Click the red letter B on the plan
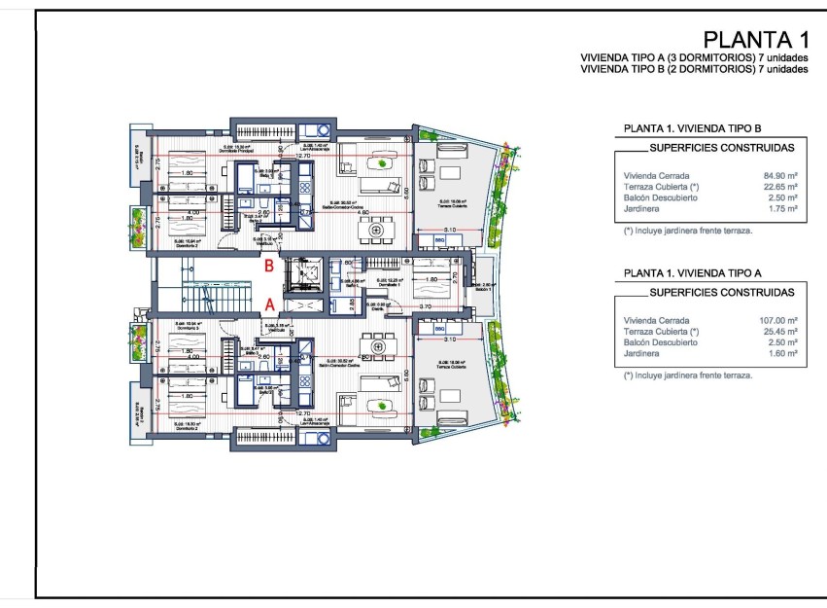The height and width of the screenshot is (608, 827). pos(269,264)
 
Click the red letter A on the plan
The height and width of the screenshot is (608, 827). pos(269,304)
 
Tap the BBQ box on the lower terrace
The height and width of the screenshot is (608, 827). pos(438,331)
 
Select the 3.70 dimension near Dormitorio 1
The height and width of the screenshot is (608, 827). pos(425,306)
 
